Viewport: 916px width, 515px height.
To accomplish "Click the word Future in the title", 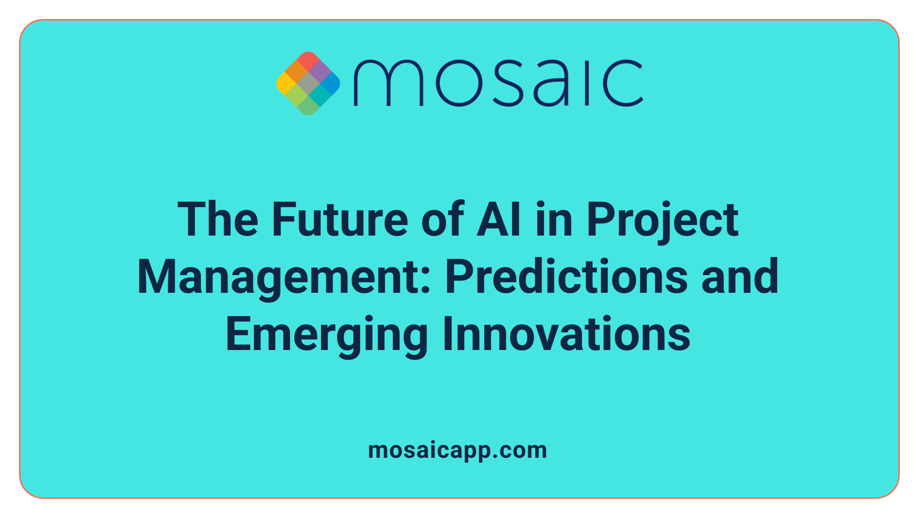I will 340,219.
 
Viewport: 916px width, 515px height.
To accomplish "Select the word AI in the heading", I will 499,219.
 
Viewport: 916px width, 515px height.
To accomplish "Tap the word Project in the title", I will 662,220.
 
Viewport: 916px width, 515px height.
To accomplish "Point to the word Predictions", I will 566,277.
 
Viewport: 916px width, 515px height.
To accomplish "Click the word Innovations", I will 566,334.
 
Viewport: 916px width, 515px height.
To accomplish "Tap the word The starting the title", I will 218,219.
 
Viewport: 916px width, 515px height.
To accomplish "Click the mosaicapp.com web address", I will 458,450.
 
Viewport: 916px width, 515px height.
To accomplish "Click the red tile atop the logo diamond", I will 308,61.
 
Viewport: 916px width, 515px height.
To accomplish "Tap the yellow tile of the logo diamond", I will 286,83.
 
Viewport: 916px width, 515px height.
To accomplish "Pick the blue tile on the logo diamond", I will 330,83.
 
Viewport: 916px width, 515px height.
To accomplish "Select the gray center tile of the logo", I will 308,83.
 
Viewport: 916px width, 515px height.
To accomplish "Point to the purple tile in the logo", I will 319,72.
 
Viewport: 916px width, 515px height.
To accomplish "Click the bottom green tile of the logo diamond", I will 308,105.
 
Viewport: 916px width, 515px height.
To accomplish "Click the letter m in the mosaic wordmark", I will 388,83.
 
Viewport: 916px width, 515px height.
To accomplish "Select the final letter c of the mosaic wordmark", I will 624,83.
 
